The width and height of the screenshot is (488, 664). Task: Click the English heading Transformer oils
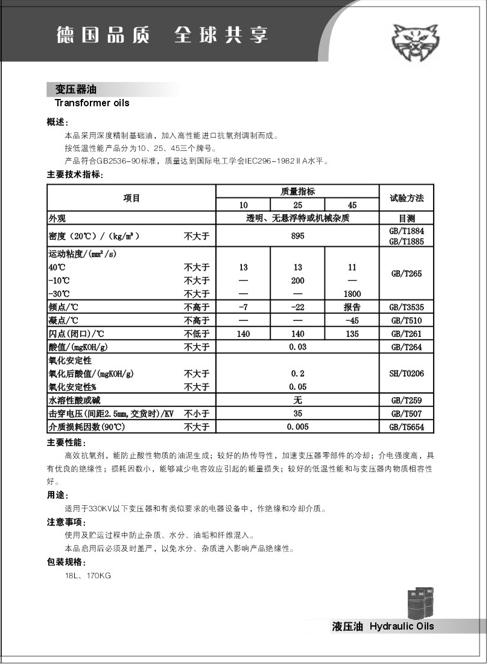(92, 103)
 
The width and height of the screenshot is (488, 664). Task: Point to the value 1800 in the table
(352, 293)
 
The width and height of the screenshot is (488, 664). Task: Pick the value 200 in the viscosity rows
(297, 281)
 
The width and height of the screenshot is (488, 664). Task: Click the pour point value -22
(297, 307)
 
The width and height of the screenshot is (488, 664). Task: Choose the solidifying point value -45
(352, 320)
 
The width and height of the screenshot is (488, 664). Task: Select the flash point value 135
(352, 334)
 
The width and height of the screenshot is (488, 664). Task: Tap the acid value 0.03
(297, 347)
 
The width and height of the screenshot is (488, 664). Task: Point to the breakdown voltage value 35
(297, 413)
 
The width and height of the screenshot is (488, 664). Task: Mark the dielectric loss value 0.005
(297, 427)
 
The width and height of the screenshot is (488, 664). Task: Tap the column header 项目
(132, 197)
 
